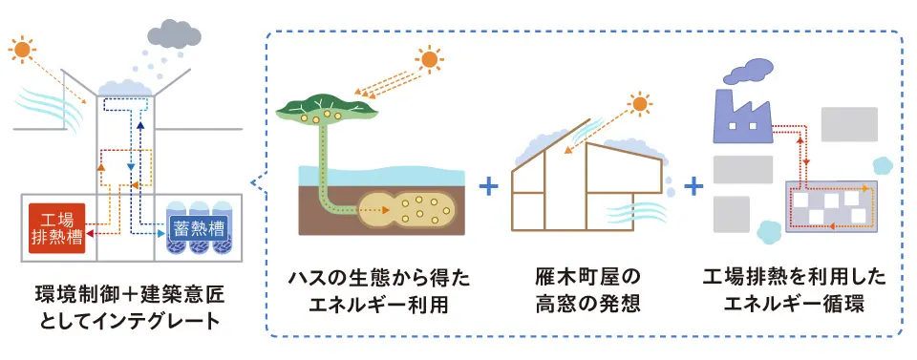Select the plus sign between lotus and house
point(489,185)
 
